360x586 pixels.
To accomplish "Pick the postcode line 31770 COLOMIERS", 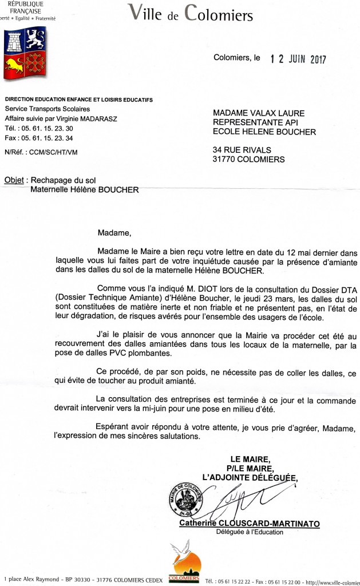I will pyautogui.click(x=249, y=160).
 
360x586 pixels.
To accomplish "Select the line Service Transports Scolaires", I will pyautogui.click(x=47, y=109).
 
